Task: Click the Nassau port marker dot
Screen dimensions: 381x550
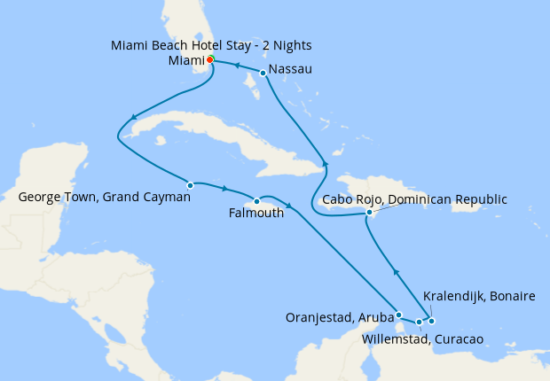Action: coord(263,73)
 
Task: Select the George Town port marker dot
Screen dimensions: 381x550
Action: coord(191,185)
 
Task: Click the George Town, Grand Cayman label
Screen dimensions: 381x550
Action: coord(104,197)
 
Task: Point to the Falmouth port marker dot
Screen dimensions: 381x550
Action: coord(256,200)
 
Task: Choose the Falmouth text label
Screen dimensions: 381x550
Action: coord(256,213)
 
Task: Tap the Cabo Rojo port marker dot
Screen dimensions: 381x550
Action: coord(369,213)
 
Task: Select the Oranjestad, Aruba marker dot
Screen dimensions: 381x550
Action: coord(399,315)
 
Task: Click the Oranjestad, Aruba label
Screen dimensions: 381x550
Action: coord(339,316)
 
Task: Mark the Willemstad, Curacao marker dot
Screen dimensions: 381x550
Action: coord(420,322)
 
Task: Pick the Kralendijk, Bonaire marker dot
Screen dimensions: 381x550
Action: coord(431,321)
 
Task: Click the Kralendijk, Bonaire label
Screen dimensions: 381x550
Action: coord(479,296)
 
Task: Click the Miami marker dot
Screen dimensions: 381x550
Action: coord(209,60)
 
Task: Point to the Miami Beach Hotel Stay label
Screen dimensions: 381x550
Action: coord(211,44)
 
